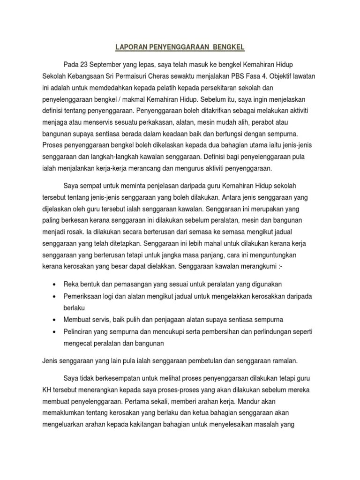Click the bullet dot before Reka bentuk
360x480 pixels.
tap(55, 285)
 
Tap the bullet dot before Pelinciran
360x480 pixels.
tap(55, 331)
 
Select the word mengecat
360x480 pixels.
tap(78, 343)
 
